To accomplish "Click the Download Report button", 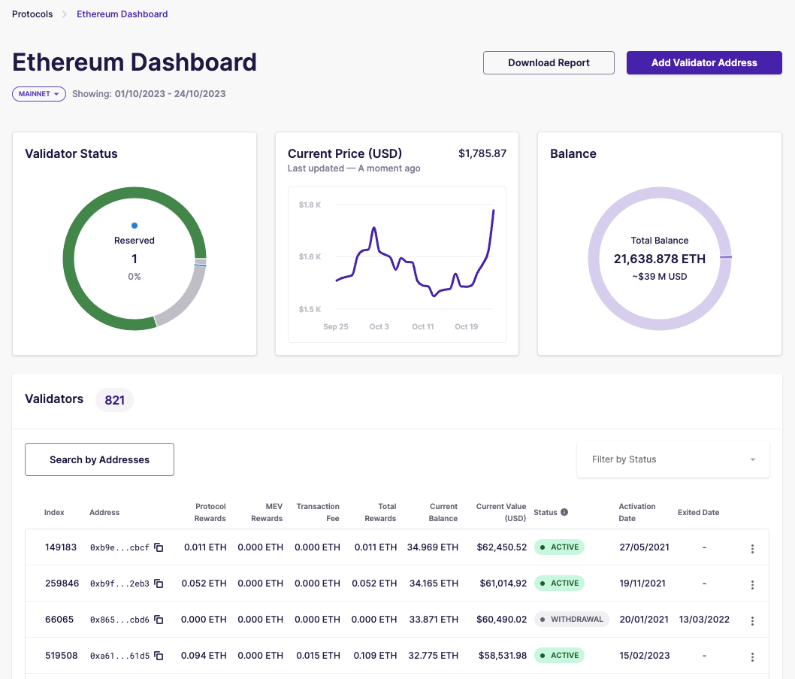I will (x=549, y=63).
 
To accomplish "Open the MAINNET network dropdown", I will (x=39, y=94).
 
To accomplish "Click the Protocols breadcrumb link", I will (x=32, y=14).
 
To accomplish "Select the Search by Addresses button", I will (x=99, y=459).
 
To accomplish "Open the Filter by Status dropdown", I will (x=673, y=459).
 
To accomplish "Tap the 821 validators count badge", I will (x=114, y=400).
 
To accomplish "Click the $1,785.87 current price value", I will (x=482, y=153).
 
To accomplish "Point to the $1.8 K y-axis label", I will (x=310, y=205).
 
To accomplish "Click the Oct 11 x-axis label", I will (x=423, y=327).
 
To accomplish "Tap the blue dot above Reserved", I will (x=135, y=225).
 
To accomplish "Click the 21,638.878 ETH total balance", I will (x=659, y=259).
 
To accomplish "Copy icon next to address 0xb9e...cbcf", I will (x=159, y=547).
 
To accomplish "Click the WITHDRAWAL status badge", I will (x=572, y=620).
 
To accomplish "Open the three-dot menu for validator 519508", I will (x=752, y=656).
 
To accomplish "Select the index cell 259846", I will (x=62, y=584).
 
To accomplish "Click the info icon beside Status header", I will (x=564, y=512).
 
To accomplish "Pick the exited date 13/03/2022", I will (x=704, y=620).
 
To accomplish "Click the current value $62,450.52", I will (x=501, y=547).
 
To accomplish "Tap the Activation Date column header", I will (x=637, y=512).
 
